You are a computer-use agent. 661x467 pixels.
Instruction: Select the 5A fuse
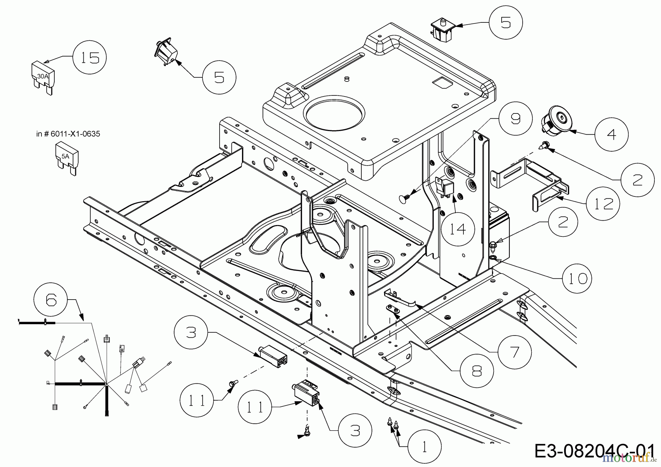[66, 159]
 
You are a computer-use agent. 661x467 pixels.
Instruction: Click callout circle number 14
[458, 229]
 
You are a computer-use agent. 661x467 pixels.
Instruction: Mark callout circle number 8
[476, 372]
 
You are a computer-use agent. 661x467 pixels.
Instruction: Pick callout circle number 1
[424, 447]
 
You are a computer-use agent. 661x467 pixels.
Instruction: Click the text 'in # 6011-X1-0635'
[68, 134]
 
